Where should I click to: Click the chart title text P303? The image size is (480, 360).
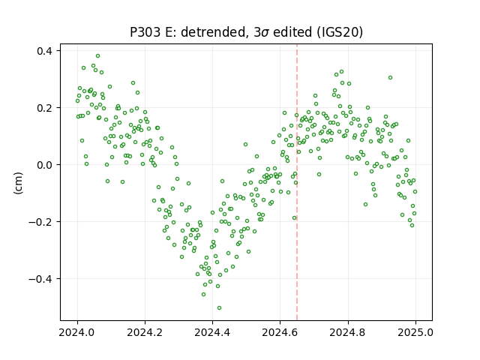(x=145, y=32)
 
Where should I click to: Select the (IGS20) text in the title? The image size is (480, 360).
(x=340, y=32)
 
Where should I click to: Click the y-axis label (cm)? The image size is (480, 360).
(x=19, y=183)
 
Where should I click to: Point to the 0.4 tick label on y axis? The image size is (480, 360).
(x=45, y=51)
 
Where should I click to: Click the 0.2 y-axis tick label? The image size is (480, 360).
(x=45, y=108)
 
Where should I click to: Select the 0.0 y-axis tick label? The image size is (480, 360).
(x=45, y=165)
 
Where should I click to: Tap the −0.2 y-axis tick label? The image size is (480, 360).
(x=41, y=222)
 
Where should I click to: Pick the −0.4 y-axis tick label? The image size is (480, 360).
(x=41, y=278)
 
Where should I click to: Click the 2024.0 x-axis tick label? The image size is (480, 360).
(x=77, y=332)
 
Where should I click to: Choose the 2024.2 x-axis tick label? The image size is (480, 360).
(x=145, y=332)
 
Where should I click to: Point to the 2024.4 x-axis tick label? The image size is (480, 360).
(x=212, y=332)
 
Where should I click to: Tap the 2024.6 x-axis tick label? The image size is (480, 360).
(x=280, y=332)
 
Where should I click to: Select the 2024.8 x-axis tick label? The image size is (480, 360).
(x=348, y=332)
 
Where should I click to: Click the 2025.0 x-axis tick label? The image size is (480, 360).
(x=415, y=332)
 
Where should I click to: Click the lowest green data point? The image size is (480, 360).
(x=219, y=308)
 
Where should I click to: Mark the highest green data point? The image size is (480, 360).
(x=98, y=56)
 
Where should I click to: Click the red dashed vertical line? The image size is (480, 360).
(x=297, y=182)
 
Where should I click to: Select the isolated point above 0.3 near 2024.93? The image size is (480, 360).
(x=390, y=78)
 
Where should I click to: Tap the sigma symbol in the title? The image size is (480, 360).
(x=265, y=33)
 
